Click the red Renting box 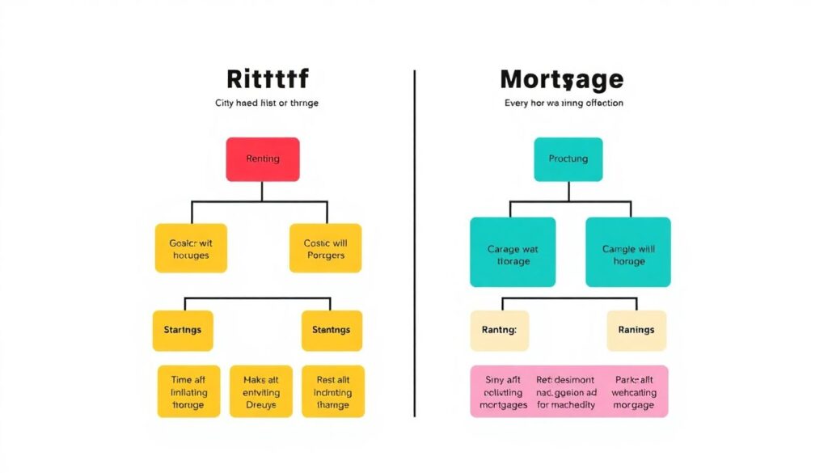(262, 158)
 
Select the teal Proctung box (568, 158)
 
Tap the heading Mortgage (562, 79)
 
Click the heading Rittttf (268, 79)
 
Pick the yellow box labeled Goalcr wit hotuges (191, 248)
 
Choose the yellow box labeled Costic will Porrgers (324, 248)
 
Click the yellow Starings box (183, 330)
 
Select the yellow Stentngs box (332, 330)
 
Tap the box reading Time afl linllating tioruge (188, 391)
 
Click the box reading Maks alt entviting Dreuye (260, 391)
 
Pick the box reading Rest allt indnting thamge (332, 391)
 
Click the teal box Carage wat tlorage (513, 252)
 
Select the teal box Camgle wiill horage (628, 252)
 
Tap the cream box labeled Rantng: (500, 330)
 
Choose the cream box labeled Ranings (636, 330)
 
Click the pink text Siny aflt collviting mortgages (503, 391)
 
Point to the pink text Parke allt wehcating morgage (634, 391)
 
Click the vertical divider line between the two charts (415, 243)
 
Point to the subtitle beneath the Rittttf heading (267, 103)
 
